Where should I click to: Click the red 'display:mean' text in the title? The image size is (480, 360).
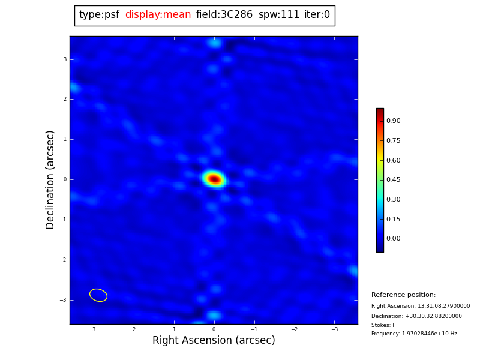click(158, 15)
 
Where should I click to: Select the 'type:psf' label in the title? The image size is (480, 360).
click(99, 15)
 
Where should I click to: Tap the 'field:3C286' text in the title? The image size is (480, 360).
click(224, 15)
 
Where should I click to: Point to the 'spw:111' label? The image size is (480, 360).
click(279, 15)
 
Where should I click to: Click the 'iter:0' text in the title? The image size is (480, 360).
click(317, 15)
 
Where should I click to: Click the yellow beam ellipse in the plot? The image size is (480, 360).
click(98, 295)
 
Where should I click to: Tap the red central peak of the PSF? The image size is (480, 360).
click(214, 179)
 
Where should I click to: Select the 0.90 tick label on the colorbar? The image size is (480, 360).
click(393, 121)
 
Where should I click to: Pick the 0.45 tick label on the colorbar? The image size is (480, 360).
click(393, 180)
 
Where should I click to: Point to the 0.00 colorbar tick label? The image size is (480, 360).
click(393, 239)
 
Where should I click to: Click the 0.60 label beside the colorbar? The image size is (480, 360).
click(393, 160)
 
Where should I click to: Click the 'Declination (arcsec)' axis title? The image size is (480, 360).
click(50, 179)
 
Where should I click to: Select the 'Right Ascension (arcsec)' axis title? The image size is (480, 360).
click(214, 341)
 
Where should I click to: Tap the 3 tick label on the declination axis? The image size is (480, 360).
click(65, 59)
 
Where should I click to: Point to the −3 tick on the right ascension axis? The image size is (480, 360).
click(334, 329)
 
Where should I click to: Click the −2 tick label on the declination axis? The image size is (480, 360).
click(64, 260)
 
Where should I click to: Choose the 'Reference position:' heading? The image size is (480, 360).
click(403, 295)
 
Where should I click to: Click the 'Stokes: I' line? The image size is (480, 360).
click(383, 325)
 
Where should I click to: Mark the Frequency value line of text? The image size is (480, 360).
click(414, 334)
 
